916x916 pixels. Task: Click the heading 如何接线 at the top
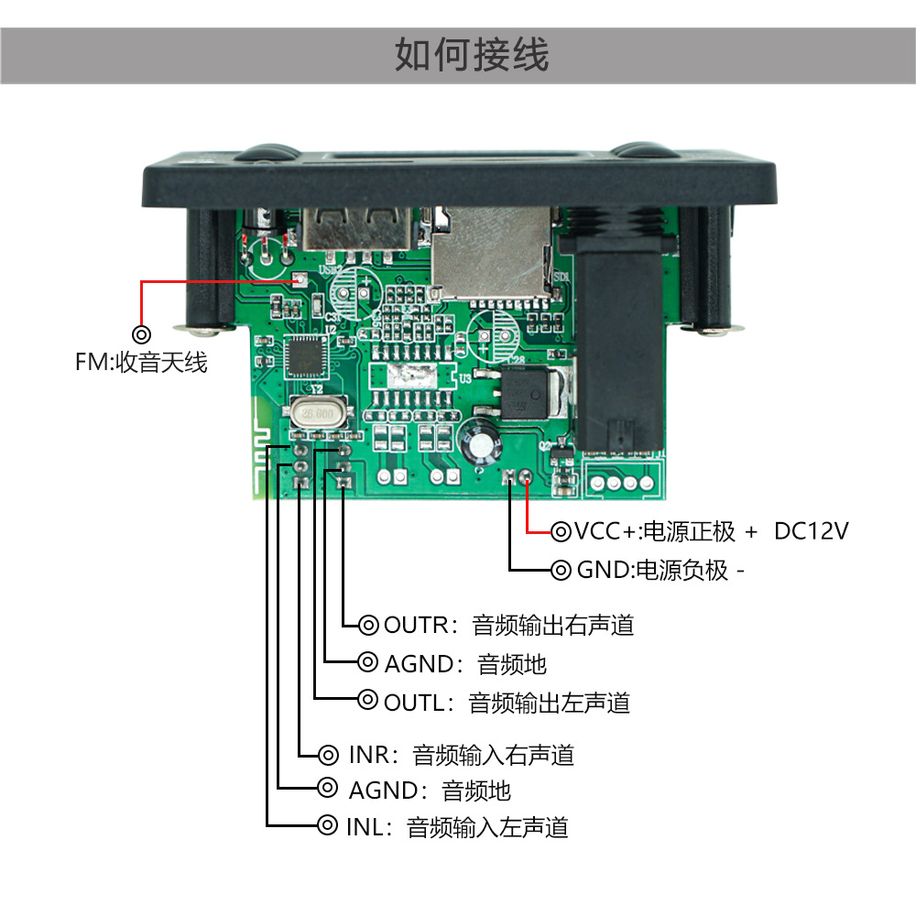pos(472,55)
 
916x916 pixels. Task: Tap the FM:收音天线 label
pos(141,362)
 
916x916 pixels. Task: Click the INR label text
pos(372,756)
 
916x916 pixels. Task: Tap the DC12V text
pos(811,531)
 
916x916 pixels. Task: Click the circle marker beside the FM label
pos(141,334)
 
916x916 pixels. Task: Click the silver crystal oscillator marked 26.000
pos(315,415)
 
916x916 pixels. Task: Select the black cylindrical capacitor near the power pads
pos(481,440)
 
